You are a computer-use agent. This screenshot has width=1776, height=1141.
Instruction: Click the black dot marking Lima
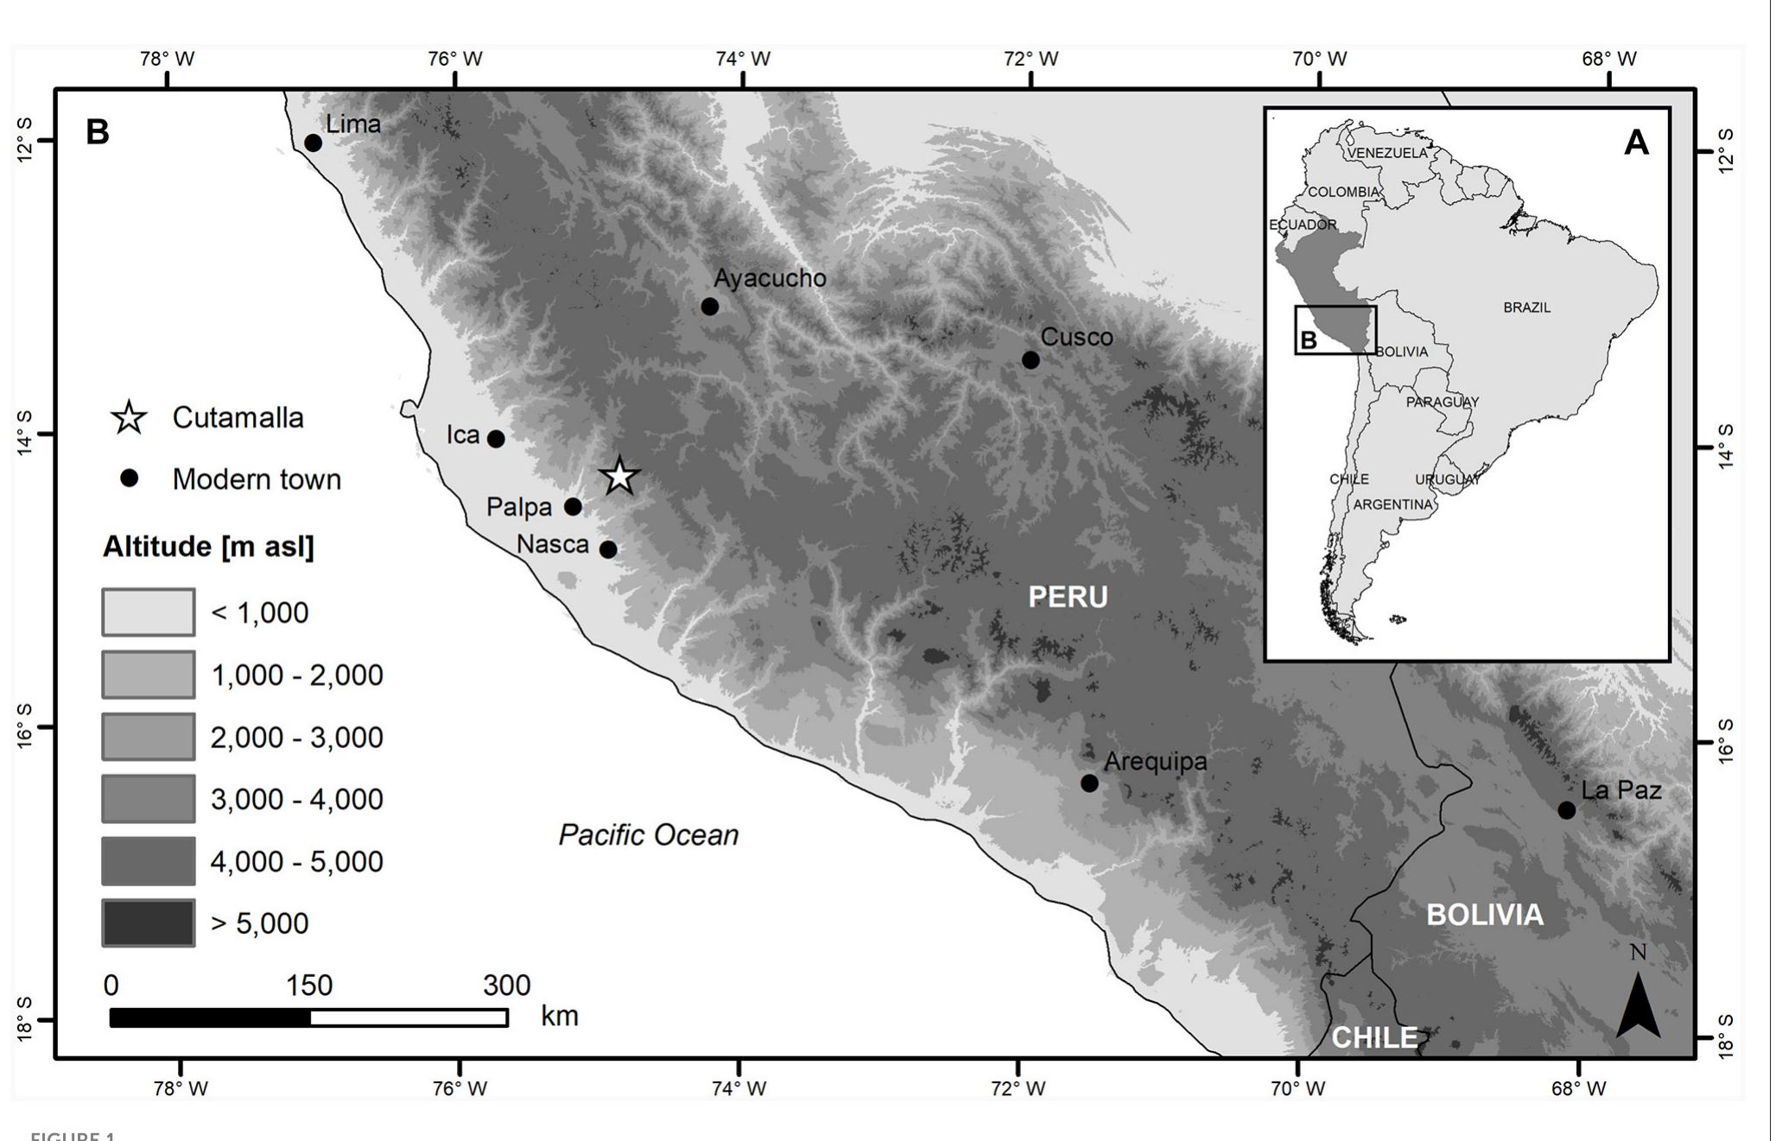tap(314, 143)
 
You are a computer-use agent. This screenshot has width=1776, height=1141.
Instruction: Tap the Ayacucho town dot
tap(710, 307)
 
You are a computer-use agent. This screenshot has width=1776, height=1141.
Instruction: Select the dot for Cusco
tap(1031, 360)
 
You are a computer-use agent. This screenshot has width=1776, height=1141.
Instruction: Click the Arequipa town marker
tap(1090, 783)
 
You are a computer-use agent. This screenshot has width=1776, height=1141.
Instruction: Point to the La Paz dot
tap(1567, 810)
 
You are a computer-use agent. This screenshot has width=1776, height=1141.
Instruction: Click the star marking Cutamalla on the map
tap(619, 477)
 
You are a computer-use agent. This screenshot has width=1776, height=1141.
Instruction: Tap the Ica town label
tap(463, 434)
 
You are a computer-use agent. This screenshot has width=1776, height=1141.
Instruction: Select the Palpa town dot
tap(574, 507)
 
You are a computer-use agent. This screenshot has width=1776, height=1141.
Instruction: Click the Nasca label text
tap(553, 544)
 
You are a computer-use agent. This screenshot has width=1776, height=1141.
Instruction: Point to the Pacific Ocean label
tap(649, 834)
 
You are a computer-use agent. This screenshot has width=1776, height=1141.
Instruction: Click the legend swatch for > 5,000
tap(149, 922)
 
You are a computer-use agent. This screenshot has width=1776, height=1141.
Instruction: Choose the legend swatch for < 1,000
tap(149, 612)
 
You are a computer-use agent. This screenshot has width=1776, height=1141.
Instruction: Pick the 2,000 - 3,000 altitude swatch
tap(149, 737)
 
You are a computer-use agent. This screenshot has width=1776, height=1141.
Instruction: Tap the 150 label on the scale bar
tap(309, 986)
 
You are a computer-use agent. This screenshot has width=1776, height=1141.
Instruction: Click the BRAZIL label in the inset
tap(1526, 307)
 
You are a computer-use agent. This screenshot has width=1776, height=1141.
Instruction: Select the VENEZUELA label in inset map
tap(1388, 153)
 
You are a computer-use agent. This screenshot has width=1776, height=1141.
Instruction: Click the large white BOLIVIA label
tap(1484, 915)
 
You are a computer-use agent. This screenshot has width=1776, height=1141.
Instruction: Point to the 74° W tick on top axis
tap(743, 59)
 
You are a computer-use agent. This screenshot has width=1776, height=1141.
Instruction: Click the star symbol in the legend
tap(130, 418)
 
